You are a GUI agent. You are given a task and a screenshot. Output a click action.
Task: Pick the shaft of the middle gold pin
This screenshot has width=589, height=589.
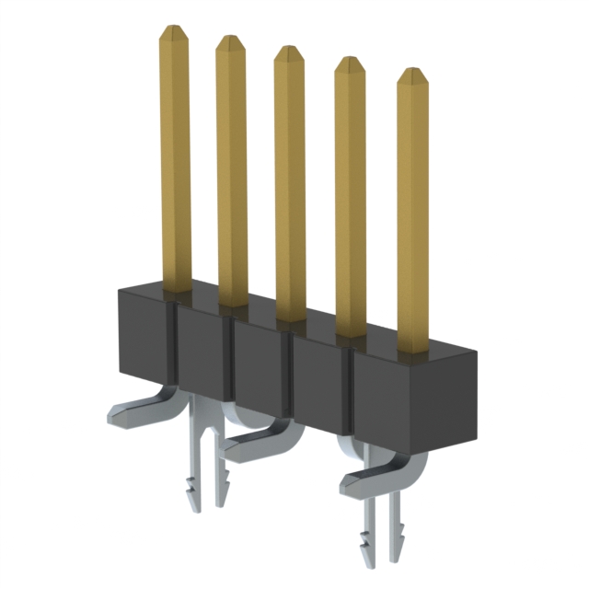pyautogui.click(x=290, y=184)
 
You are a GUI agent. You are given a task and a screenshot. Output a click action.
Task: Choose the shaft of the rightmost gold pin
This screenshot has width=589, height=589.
pyautogui.click(x=414, y=212)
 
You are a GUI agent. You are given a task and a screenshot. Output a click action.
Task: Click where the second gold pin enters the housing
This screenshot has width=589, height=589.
pyautogui.click(x=233, y=302)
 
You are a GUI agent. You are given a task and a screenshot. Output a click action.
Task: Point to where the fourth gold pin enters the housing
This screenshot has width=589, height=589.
pyautogui.click(x=350, y=331)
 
